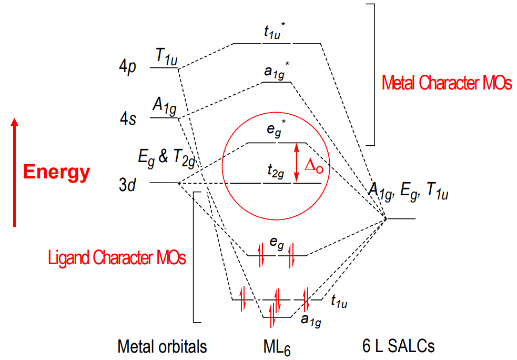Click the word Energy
point(56,172)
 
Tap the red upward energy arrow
point(14,172)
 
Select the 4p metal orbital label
point(128,66)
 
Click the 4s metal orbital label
point(128,118)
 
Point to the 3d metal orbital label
point(127,185)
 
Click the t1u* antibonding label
point(275,31)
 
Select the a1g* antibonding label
point(277,71)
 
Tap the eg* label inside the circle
point(276,129)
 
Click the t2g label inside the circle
point(276,171)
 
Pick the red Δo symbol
point(314,165)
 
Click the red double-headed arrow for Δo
point(297,163)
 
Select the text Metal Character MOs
point(447,83)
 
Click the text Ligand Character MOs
point(117,258)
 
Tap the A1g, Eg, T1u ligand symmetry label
point(408,191)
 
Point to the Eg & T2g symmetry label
point(167,158)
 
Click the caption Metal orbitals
point(162,346)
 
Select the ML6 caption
point(277,348)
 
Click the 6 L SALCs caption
point(398,346)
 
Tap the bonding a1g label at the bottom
point(311,320)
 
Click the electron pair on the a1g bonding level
point(272,315)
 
